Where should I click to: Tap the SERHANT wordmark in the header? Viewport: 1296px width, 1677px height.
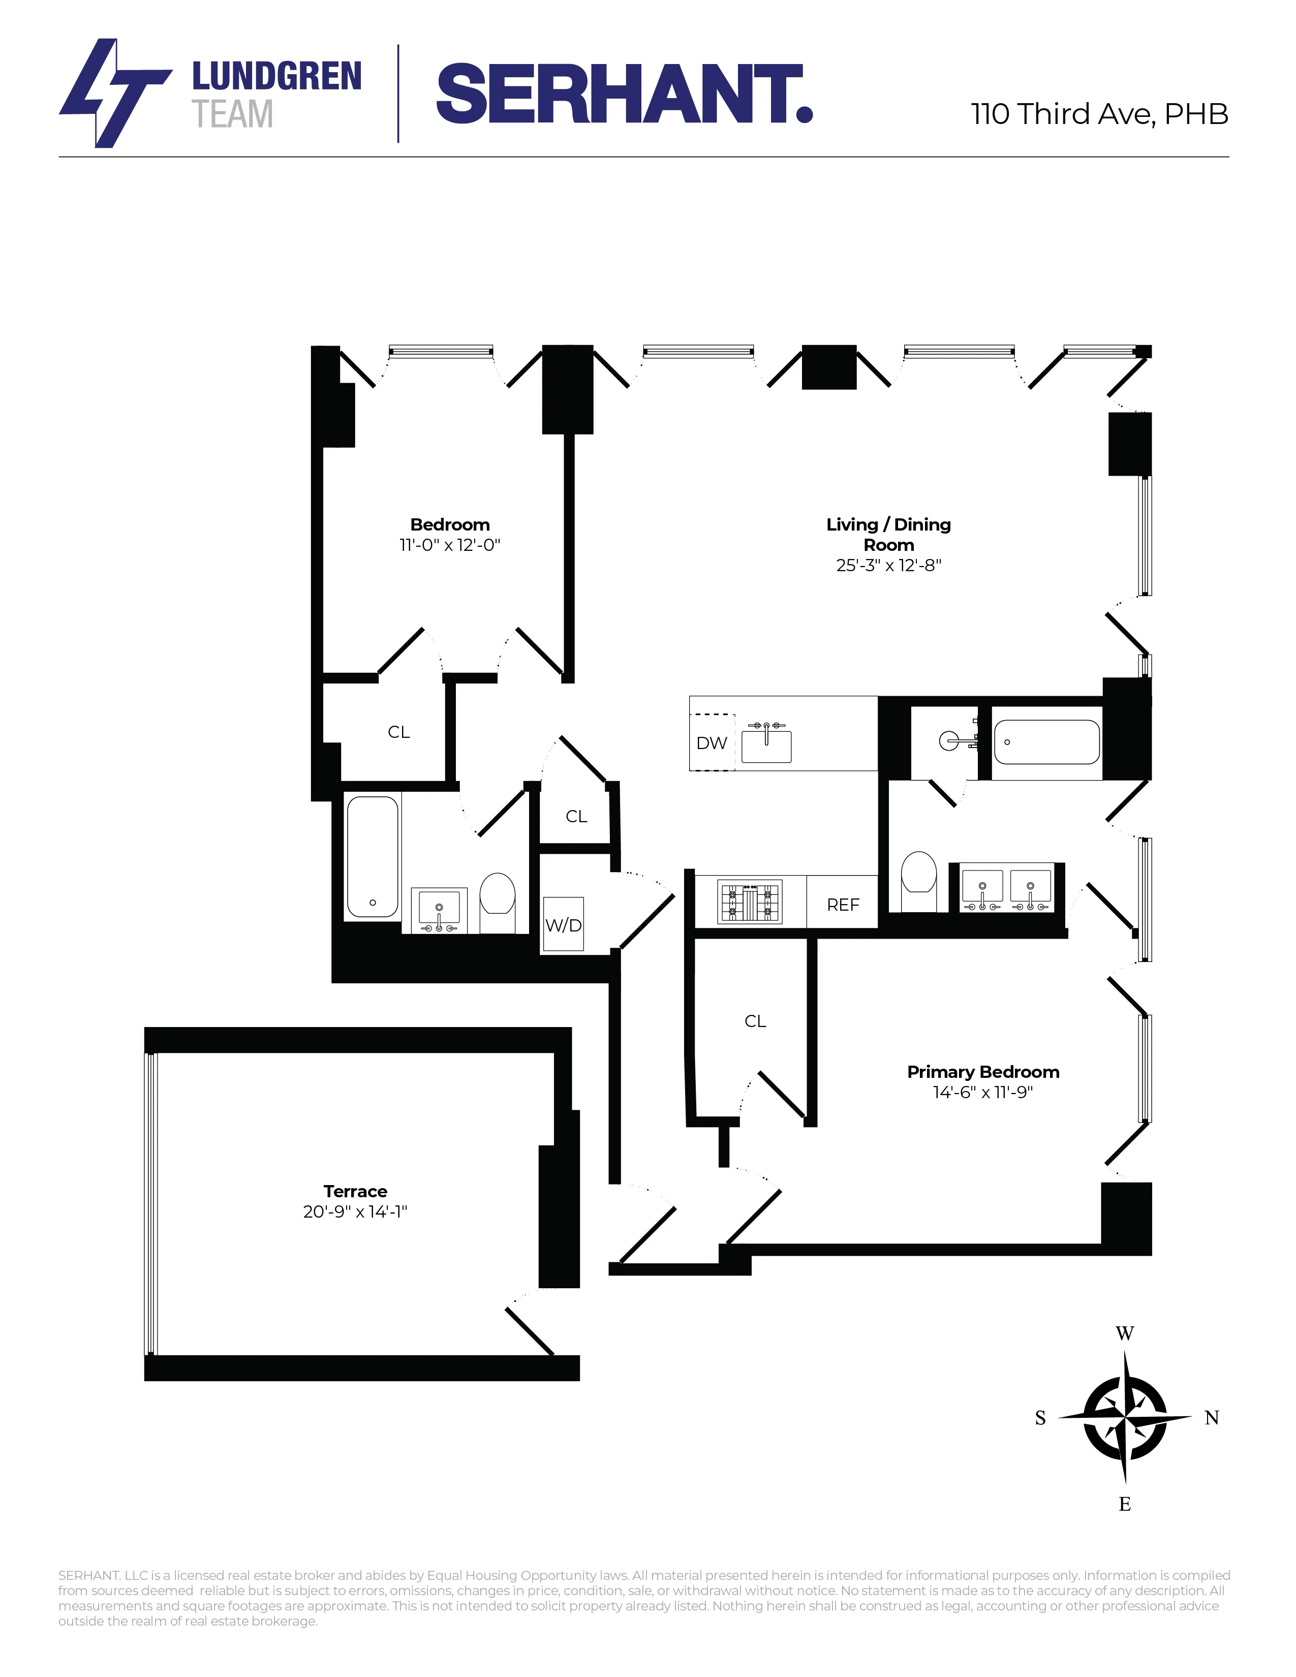click(x=624, y=95)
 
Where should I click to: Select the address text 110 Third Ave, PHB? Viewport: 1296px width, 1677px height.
click(x=1099, y=114)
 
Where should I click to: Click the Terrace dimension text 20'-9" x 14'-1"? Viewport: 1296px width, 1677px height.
click(x=355, y=1212)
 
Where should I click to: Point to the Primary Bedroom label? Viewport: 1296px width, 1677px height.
click(x=983, y=1072)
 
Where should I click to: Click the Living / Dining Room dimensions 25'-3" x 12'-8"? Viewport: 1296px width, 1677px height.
click(x=888, y=565)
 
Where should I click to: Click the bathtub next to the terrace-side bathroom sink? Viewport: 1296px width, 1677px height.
click(x=373, y=856)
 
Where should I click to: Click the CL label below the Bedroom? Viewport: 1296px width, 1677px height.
click(x=398, y=732)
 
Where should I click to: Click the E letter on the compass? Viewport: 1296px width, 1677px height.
click(x=1125, y=1504)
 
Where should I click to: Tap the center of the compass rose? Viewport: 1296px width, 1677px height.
click(x=1125, y=1417)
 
